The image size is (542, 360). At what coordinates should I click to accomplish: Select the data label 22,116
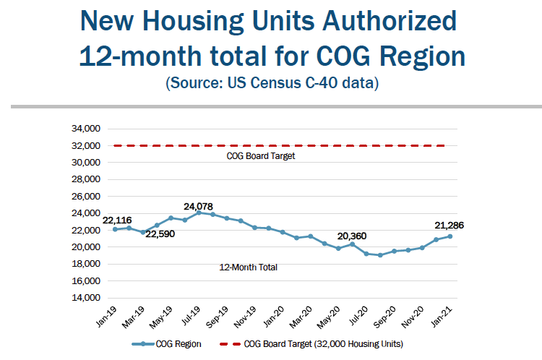(117, 220)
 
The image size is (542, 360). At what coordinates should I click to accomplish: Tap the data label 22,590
(161, 233)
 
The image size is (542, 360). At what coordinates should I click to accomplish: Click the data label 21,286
(449, 226)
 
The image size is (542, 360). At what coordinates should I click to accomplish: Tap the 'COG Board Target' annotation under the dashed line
(261, 156)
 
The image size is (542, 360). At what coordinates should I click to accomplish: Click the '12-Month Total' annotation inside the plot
(249, 267)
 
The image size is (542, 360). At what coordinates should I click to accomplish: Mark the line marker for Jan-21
(450, 236)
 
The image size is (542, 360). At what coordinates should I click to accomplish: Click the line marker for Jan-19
(115, 229)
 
